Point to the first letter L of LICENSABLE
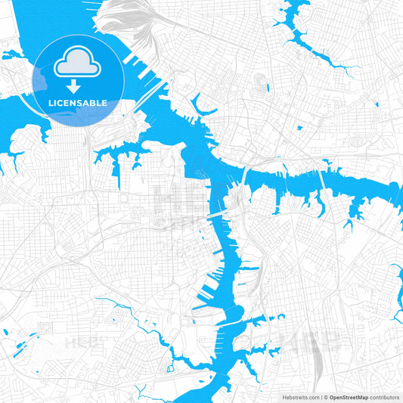pos(51,102)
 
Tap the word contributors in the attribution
pos(385,396)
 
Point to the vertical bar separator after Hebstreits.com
pos(320,396)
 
